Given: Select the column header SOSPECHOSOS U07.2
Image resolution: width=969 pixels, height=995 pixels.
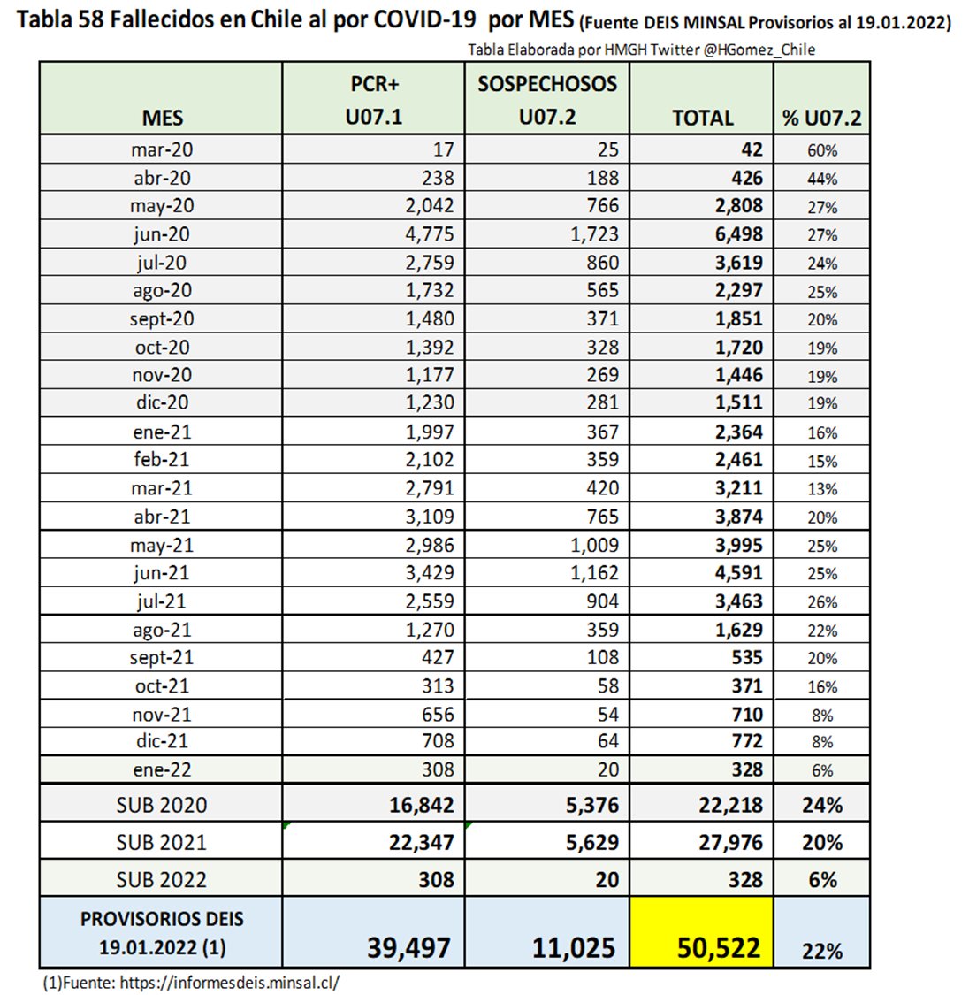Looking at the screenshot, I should tap(547, 100).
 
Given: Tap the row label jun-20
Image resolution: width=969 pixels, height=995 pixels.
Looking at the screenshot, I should tap(161, 234).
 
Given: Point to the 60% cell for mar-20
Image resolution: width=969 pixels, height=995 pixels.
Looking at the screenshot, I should tap(821, 150).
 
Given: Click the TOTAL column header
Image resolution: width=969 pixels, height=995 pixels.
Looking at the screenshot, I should tap(702, 118).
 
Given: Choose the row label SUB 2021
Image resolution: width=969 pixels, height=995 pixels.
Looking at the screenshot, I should tap(161, 842).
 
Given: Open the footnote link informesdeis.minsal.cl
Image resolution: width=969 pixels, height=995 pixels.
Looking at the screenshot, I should tap(230, 982).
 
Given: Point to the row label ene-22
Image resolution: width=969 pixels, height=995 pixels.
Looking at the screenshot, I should tap(161, 769).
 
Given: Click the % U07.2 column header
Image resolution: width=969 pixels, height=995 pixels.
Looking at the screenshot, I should tap(821, 118).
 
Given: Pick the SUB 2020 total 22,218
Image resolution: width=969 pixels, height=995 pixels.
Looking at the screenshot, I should tap(730, 805).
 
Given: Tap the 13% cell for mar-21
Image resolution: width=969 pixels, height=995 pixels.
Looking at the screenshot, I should tap(821, 489).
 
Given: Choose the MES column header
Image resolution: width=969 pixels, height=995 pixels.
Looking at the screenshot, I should tap(162, 118).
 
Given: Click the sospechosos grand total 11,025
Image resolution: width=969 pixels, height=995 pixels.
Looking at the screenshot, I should tap(573, 947).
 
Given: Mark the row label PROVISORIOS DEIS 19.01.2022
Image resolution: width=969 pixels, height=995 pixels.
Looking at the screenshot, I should tap(162, 933).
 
